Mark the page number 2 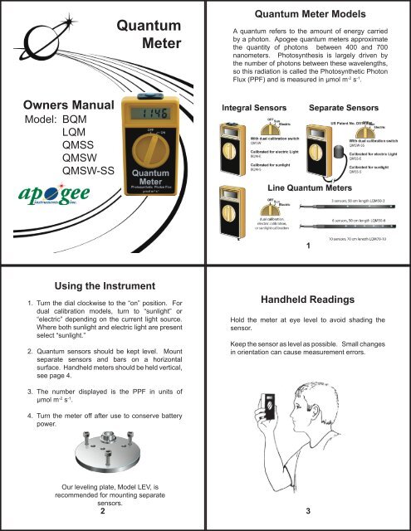pos(101,511)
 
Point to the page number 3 pos(308,511)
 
